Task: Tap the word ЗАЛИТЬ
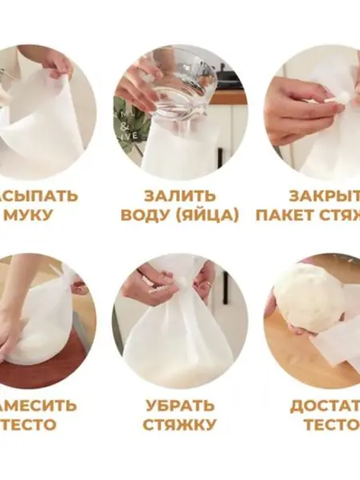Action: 180,195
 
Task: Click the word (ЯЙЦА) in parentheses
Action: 210,215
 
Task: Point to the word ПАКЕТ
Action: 284,215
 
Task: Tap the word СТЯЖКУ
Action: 180,425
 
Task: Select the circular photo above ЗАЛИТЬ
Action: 180,112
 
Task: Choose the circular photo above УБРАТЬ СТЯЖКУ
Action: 180,320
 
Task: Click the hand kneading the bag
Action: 12,336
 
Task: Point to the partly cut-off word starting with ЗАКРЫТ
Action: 323,195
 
